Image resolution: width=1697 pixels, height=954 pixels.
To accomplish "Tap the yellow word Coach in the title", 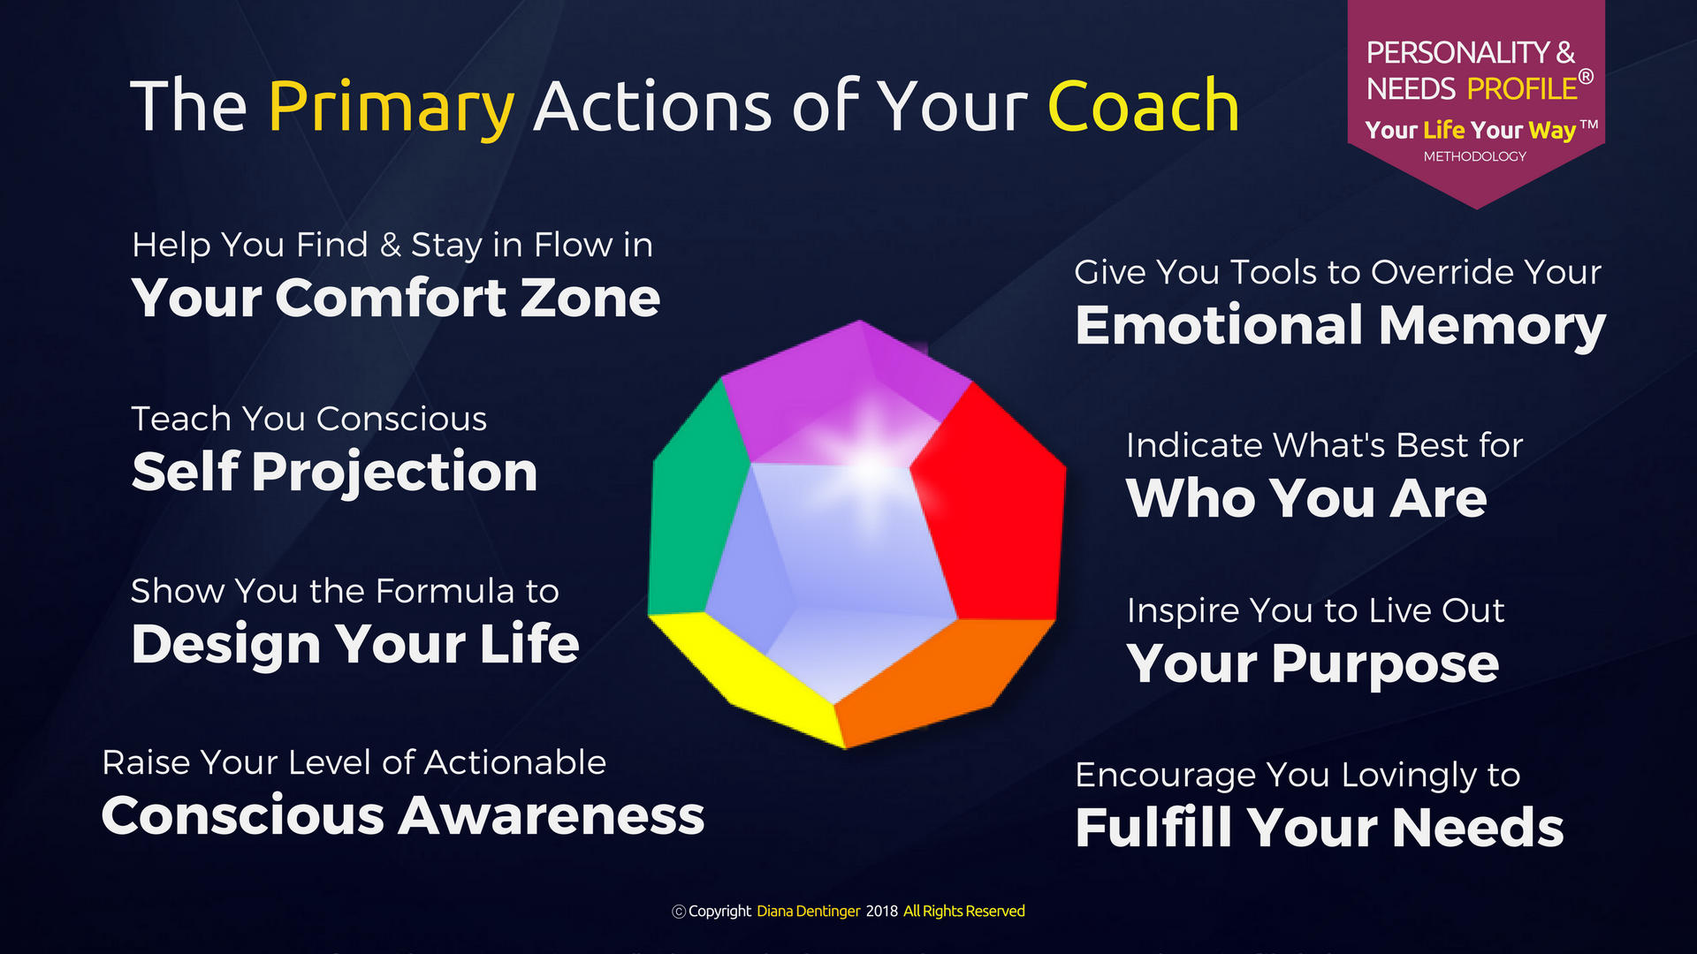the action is (x=1144, y=106).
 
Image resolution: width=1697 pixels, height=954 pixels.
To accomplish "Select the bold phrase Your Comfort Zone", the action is (x=396, y=298).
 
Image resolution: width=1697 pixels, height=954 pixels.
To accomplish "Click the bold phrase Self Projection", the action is (x=335, y=473).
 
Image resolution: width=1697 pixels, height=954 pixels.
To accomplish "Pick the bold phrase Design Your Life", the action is (x=355, y=644).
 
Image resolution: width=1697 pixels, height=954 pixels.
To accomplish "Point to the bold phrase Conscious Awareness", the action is (x=403, y=815).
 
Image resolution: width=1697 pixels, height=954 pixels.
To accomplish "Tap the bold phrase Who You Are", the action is (x=1307, y=498).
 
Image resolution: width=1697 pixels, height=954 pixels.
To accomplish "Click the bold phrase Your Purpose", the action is (x=1313, y=664).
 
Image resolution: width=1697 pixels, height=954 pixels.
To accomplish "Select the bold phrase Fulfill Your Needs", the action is (x=1320, y=828).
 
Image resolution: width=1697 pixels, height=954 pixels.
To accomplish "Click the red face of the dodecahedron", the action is (x=994, y=503).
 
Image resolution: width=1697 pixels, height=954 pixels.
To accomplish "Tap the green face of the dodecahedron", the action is (x=694, y=499).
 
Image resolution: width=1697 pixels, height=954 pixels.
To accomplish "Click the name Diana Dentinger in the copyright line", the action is (x=808, y=912).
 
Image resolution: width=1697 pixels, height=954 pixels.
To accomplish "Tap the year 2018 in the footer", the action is (x=881, y=912).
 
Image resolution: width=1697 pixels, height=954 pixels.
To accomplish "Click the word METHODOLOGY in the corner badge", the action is (x=1474, y=156).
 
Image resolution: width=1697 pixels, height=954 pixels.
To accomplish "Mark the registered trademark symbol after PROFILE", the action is (x=1586, y=77).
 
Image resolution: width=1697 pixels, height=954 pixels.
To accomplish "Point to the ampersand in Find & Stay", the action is (x=390, y=246).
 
